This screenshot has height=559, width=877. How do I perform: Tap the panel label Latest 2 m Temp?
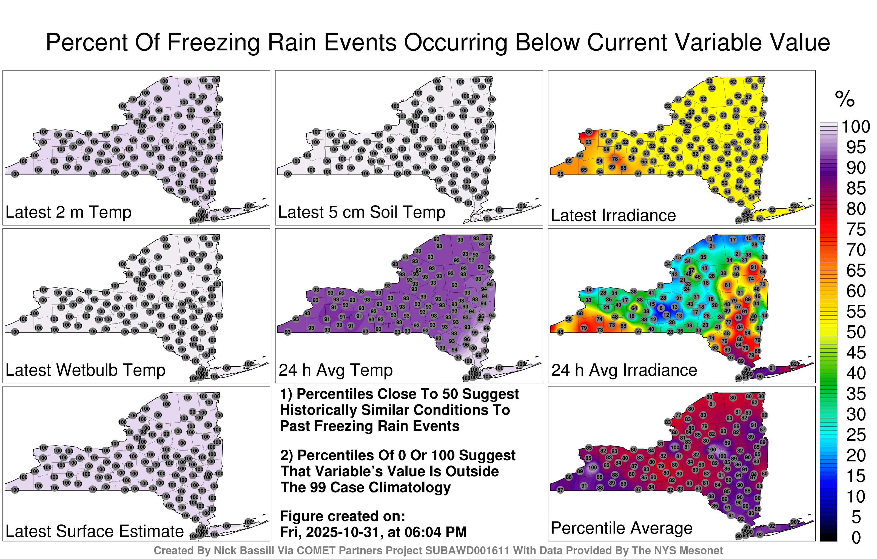pyautogui.click(x=68, y=212)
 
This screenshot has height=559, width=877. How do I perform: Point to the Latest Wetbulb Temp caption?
pyautogui.click(x=85, y=370)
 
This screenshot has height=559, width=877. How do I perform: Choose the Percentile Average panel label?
pyautogui.click(x=621, y=528)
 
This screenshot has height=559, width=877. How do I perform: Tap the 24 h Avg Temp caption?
pyautogui.click(x=335, y=370)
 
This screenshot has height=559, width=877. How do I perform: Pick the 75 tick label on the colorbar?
pyautogui.click(x=856, y=229)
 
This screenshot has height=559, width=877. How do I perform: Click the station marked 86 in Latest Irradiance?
pyautogui.click(x=589, y=132)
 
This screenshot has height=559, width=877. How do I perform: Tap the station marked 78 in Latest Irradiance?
pyautogui.click(x=615, y=159)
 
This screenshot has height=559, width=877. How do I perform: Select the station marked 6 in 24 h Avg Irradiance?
pyautogui.click(x=661, y=308)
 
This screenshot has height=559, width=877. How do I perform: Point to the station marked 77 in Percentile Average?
pyautogui.click(x=678, y=415)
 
